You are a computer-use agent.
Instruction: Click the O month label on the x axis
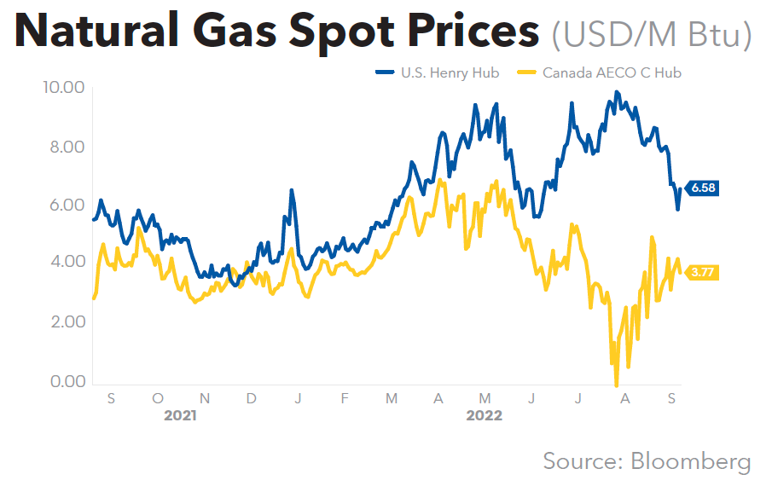point(158,399)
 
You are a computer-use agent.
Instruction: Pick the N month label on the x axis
point(205,399)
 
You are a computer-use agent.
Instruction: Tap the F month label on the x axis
point(344,399)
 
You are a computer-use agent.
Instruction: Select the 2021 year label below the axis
point(181,416)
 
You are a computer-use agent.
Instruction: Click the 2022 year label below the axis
point(484,416)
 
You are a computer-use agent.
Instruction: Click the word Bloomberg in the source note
point(691,461)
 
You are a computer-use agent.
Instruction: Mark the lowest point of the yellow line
point(616,385)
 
